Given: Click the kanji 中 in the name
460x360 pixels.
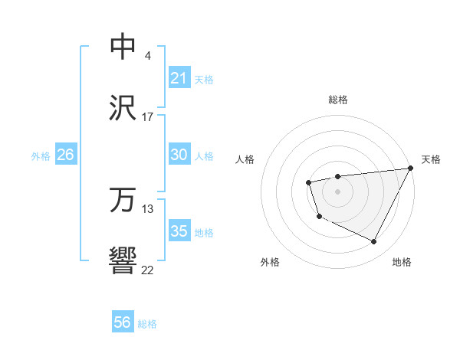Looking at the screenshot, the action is (x=123, y=47).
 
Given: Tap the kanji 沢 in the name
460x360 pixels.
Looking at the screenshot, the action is (x=123, y=108).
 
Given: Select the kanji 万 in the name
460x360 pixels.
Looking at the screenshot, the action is (x=123, y=201).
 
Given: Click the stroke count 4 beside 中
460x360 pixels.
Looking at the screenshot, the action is (x=147, y=56).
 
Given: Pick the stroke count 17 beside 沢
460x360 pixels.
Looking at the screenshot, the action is (x=147, y=117).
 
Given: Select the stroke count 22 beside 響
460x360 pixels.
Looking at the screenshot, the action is (x=147, y=270).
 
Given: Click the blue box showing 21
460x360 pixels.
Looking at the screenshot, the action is (x=179, y=78).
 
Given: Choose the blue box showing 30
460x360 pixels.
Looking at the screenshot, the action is (x=179, y=155).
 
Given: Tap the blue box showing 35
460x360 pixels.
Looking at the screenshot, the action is (x=179, y=231).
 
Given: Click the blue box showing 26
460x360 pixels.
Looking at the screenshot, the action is (x=65, y=155).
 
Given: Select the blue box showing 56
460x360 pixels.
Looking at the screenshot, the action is (x=123, y=322).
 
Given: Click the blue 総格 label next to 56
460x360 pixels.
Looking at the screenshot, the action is (x=147, y=324).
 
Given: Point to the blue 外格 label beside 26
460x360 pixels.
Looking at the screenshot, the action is (x=41, y=156).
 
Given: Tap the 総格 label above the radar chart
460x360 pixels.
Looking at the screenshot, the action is (x=337, y=100).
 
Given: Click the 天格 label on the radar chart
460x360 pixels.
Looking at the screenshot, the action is (x=431, y=159).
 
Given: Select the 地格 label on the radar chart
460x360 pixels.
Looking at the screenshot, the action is (x=402, y=263).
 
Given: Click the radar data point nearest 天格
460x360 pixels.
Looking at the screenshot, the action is (x=411, y=168).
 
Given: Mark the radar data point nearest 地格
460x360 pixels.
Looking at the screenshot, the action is (x=374, y=242).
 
